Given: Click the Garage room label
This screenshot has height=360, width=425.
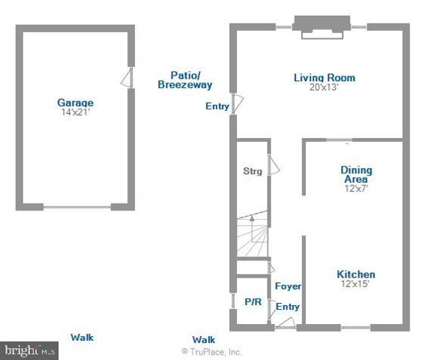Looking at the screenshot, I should pos(75,103).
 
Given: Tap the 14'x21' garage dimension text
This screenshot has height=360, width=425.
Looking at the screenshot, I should pos(75,112).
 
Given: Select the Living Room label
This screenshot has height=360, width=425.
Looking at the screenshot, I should pos(324,77).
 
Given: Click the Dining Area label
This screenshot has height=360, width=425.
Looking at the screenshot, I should pos(356,175).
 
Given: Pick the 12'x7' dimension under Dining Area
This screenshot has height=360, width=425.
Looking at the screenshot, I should pos(357,189).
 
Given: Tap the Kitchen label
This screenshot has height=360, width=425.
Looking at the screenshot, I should pos(355,274).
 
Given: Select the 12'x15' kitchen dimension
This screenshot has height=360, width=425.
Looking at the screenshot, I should pos(356,284).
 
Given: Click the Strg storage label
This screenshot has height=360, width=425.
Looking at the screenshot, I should pos(253,172).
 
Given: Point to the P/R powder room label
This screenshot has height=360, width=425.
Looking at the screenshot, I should pos(253,301).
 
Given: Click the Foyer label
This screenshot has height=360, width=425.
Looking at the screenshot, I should pos(288,286).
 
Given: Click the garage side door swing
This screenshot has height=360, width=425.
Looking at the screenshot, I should pos(129,76).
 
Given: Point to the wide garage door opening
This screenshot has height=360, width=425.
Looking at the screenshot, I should pos(77,206).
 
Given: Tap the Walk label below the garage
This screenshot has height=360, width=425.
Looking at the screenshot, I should pos(82,337).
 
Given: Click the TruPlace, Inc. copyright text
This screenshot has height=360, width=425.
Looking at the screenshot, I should pos(211,351).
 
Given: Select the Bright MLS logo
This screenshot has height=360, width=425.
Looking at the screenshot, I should pos(30,350).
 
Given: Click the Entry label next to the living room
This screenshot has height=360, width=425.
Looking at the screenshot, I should pos(217,106).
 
